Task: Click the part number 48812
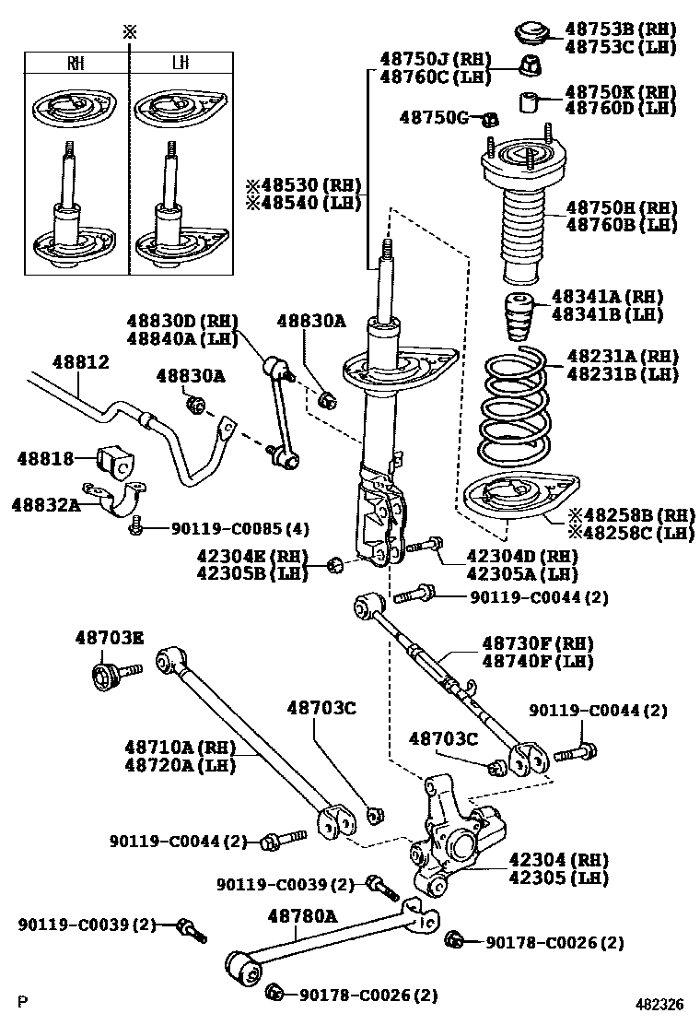click(80, 362)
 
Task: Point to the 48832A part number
click(45, 504)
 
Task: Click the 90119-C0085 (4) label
click(240, 528)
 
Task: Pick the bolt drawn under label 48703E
click(110, 676)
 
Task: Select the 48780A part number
click(303, 915)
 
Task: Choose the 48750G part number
click(434, 117)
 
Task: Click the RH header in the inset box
click(76, 64)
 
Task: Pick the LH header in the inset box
click(180, 64)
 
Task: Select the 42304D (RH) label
click(520, 556)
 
